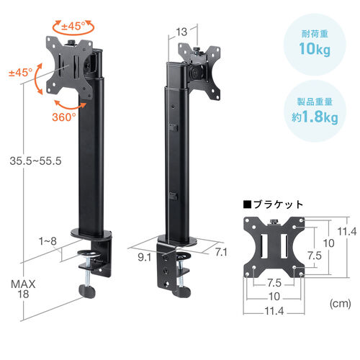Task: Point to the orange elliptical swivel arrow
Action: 71,27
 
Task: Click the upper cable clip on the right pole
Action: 175,128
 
